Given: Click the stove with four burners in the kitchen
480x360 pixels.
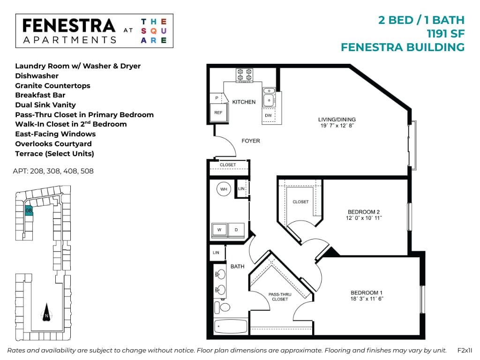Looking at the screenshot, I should coord(244,75).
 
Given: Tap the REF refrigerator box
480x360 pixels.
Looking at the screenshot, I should coord(218,112).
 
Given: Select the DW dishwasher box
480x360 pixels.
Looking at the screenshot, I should coord(268,115).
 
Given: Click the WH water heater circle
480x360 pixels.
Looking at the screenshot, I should coord(224,189).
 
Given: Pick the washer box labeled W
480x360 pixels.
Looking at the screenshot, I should coord(219,230).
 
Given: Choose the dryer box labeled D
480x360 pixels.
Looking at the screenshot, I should coord(236,230).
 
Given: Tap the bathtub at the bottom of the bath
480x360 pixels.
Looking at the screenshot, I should coord(231,327).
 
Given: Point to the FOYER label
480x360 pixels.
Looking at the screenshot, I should coord(250,141).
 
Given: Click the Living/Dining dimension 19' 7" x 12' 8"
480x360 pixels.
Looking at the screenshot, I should coord(337,126).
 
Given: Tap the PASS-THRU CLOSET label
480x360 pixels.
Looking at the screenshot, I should coord(280,297).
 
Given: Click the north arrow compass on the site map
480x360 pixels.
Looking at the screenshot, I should coord(46,313).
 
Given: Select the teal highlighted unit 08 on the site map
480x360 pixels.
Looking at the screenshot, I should coord(29,210).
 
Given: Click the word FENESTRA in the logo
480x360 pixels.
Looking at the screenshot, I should coord(68,26).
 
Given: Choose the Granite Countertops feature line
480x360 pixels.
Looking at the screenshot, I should coord(52,86).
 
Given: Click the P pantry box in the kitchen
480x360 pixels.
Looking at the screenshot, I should coord(217,97).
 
